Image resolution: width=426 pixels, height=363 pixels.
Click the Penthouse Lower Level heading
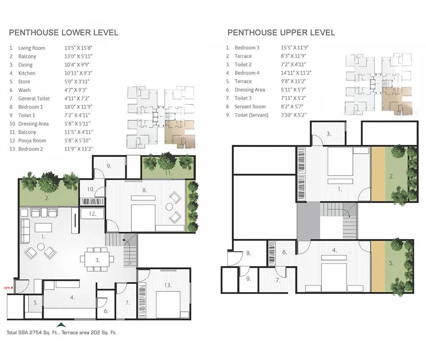(63, 33)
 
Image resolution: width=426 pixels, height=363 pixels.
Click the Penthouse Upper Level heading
(281, 33)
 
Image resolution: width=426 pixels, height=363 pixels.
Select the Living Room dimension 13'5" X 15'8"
(78, 48)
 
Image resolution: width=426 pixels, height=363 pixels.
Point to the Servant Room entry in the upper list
(250, 107)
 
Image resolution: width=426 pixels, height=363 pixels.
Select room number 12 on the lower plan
(93, 214)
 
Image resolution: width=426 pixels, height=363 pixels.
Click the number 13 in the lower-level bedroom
(168, 285)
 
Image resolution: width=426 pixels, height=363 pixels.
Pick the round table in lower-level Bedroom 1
(169, 207)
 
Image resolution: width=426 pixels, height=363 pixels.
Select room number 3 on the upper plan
(328, 134)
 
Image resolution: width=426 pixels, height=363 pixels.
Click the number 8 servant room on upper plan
(248, 253)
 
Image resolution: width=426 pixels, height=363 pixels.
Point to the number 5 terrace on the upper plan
(391, 263)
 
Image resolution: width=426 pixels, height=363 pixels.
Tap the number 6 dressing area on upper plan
(285, 252)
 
